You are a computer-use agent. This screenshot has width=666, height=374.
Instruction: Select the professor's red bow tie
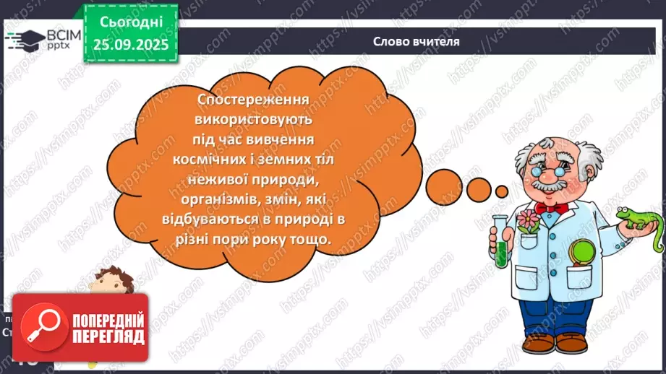[552, 207]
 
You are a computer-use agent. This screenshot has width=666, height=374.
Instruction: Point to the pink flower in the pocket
[526, 217]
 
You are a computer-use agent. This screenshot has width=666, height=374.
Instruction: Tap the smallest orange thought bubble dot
[501, 190]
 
